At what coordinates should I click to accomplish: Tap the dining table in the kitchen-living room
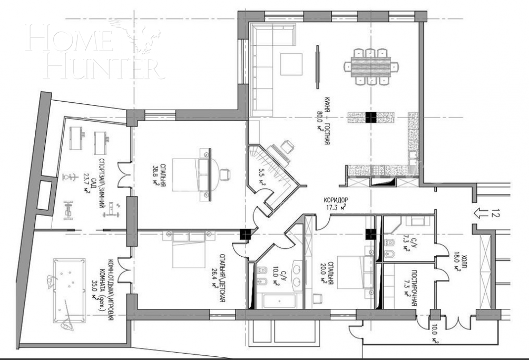click(371, 66)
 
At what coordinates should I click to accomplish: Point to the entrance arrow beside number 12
click(482, 213)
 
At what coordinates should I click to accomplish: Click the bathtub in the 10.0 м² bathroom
click(279, 303)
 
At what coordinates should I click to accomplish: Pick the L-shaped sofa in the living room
click(260, 69)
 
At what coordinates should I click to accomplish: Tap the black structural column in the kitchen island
click(371, 118)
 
